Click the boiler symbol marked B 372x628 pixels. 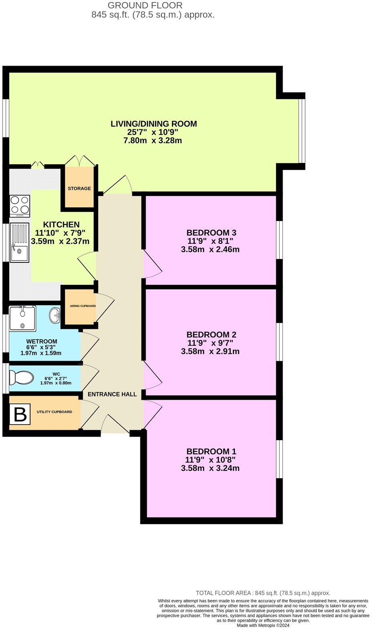pyautogui.click(x=20, y=414)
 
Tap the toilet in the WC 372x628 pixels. pyautogui.click(x=21, y=377)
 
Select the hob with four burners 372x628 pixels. pyautogui.click(x=20, y=206)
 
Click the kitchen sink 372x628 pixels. pyautogui.click(x=20, y=243)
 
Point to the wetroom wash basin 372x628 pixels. pyautogui.click(x=55, y=315)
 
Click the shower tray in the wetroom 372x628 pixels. pyautogui.click(x=23, y=318)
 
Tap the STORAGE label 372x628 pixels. pyautogui.click(x=79, y=188)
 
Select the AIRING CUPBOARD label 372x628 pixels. pyautogui.click(x=83, y=306)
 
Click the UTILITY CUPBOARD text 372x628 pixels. pyautogui.click(x=55, y=412)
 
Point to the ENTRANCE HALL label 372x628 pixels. pyautogui.click(x=112, y=394)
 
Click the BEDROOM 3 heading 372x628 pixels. pyautogui.click(x=211, y=232)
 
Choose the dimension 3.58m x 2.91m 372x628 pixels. pyautogui.click(x=210, y=351)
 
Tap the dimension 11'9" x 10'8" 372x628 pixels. pyautogui.click(x=210, y=459)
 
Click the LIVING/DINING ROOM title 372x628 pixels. pyautogui.click(x=154, y=124)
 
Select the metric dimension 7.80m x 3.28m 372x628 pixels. pyautogui.click(x=153, y=141)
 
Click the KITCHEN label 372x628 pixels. pyautogui.click(x=61, y=225)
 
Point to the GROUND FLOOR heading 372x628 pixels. pyautogui.click(x=145, y=5)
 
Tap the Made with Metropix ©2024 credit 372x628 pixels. pyautogui.click(x=263, y=625)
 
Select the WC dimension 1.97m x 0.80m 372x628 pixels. pyautogui.click(x=56, y=383)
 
